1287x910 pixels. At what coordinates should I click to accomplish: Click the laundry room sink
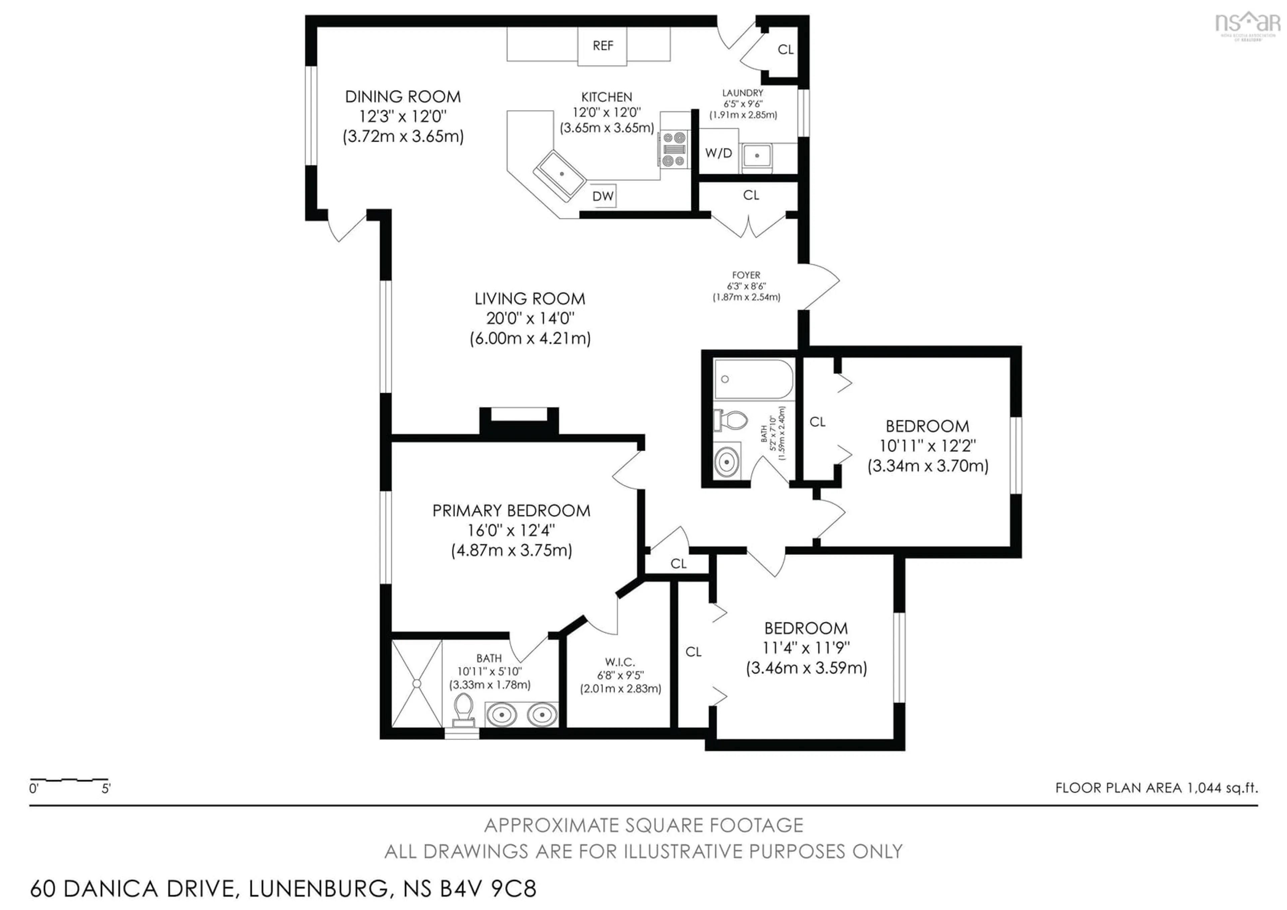coord(757,156)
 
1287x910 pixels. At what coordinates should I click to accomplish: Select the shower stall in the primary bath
coord(417,683)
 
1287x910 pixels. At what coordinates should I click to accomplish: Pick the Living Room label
coord(530,299)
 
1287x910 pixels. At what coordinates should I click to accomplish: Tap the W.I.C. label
coord(620,662)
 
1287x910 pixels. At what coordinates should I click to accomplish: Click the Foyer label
coord(746,275)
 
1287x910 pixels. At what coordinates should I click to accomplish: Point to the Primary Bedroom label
coord(511,511)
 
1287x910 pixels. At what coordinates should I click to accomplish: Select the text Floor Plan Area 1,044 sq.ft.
coord(1156,788)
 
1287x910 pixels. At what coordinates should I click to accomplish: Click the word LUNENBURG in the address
coord(318,889)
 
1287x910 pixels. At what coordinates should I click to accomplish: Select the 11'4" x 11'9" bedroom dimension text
coord(806,647)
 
